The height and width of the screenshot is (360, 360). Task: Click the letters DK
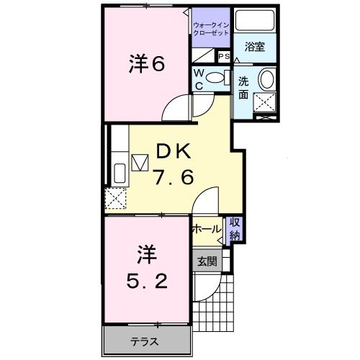point(173,151)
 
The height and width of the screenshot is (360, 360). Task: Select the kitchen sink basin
point(119,174)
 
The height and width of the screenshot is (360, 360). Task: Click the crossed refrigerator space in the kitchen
point(115,198)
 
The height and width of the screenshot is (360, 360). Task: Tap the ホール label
point(207,230)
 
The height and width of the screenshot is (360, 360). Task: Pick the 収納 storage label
point(235,229)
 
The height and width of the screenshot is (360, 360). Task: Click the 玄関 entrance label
point(207,261)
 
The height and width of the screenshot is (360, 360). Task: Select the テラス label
point(144,341)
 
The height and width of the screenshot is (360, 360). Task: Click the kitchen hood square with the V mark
point(138,161)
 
